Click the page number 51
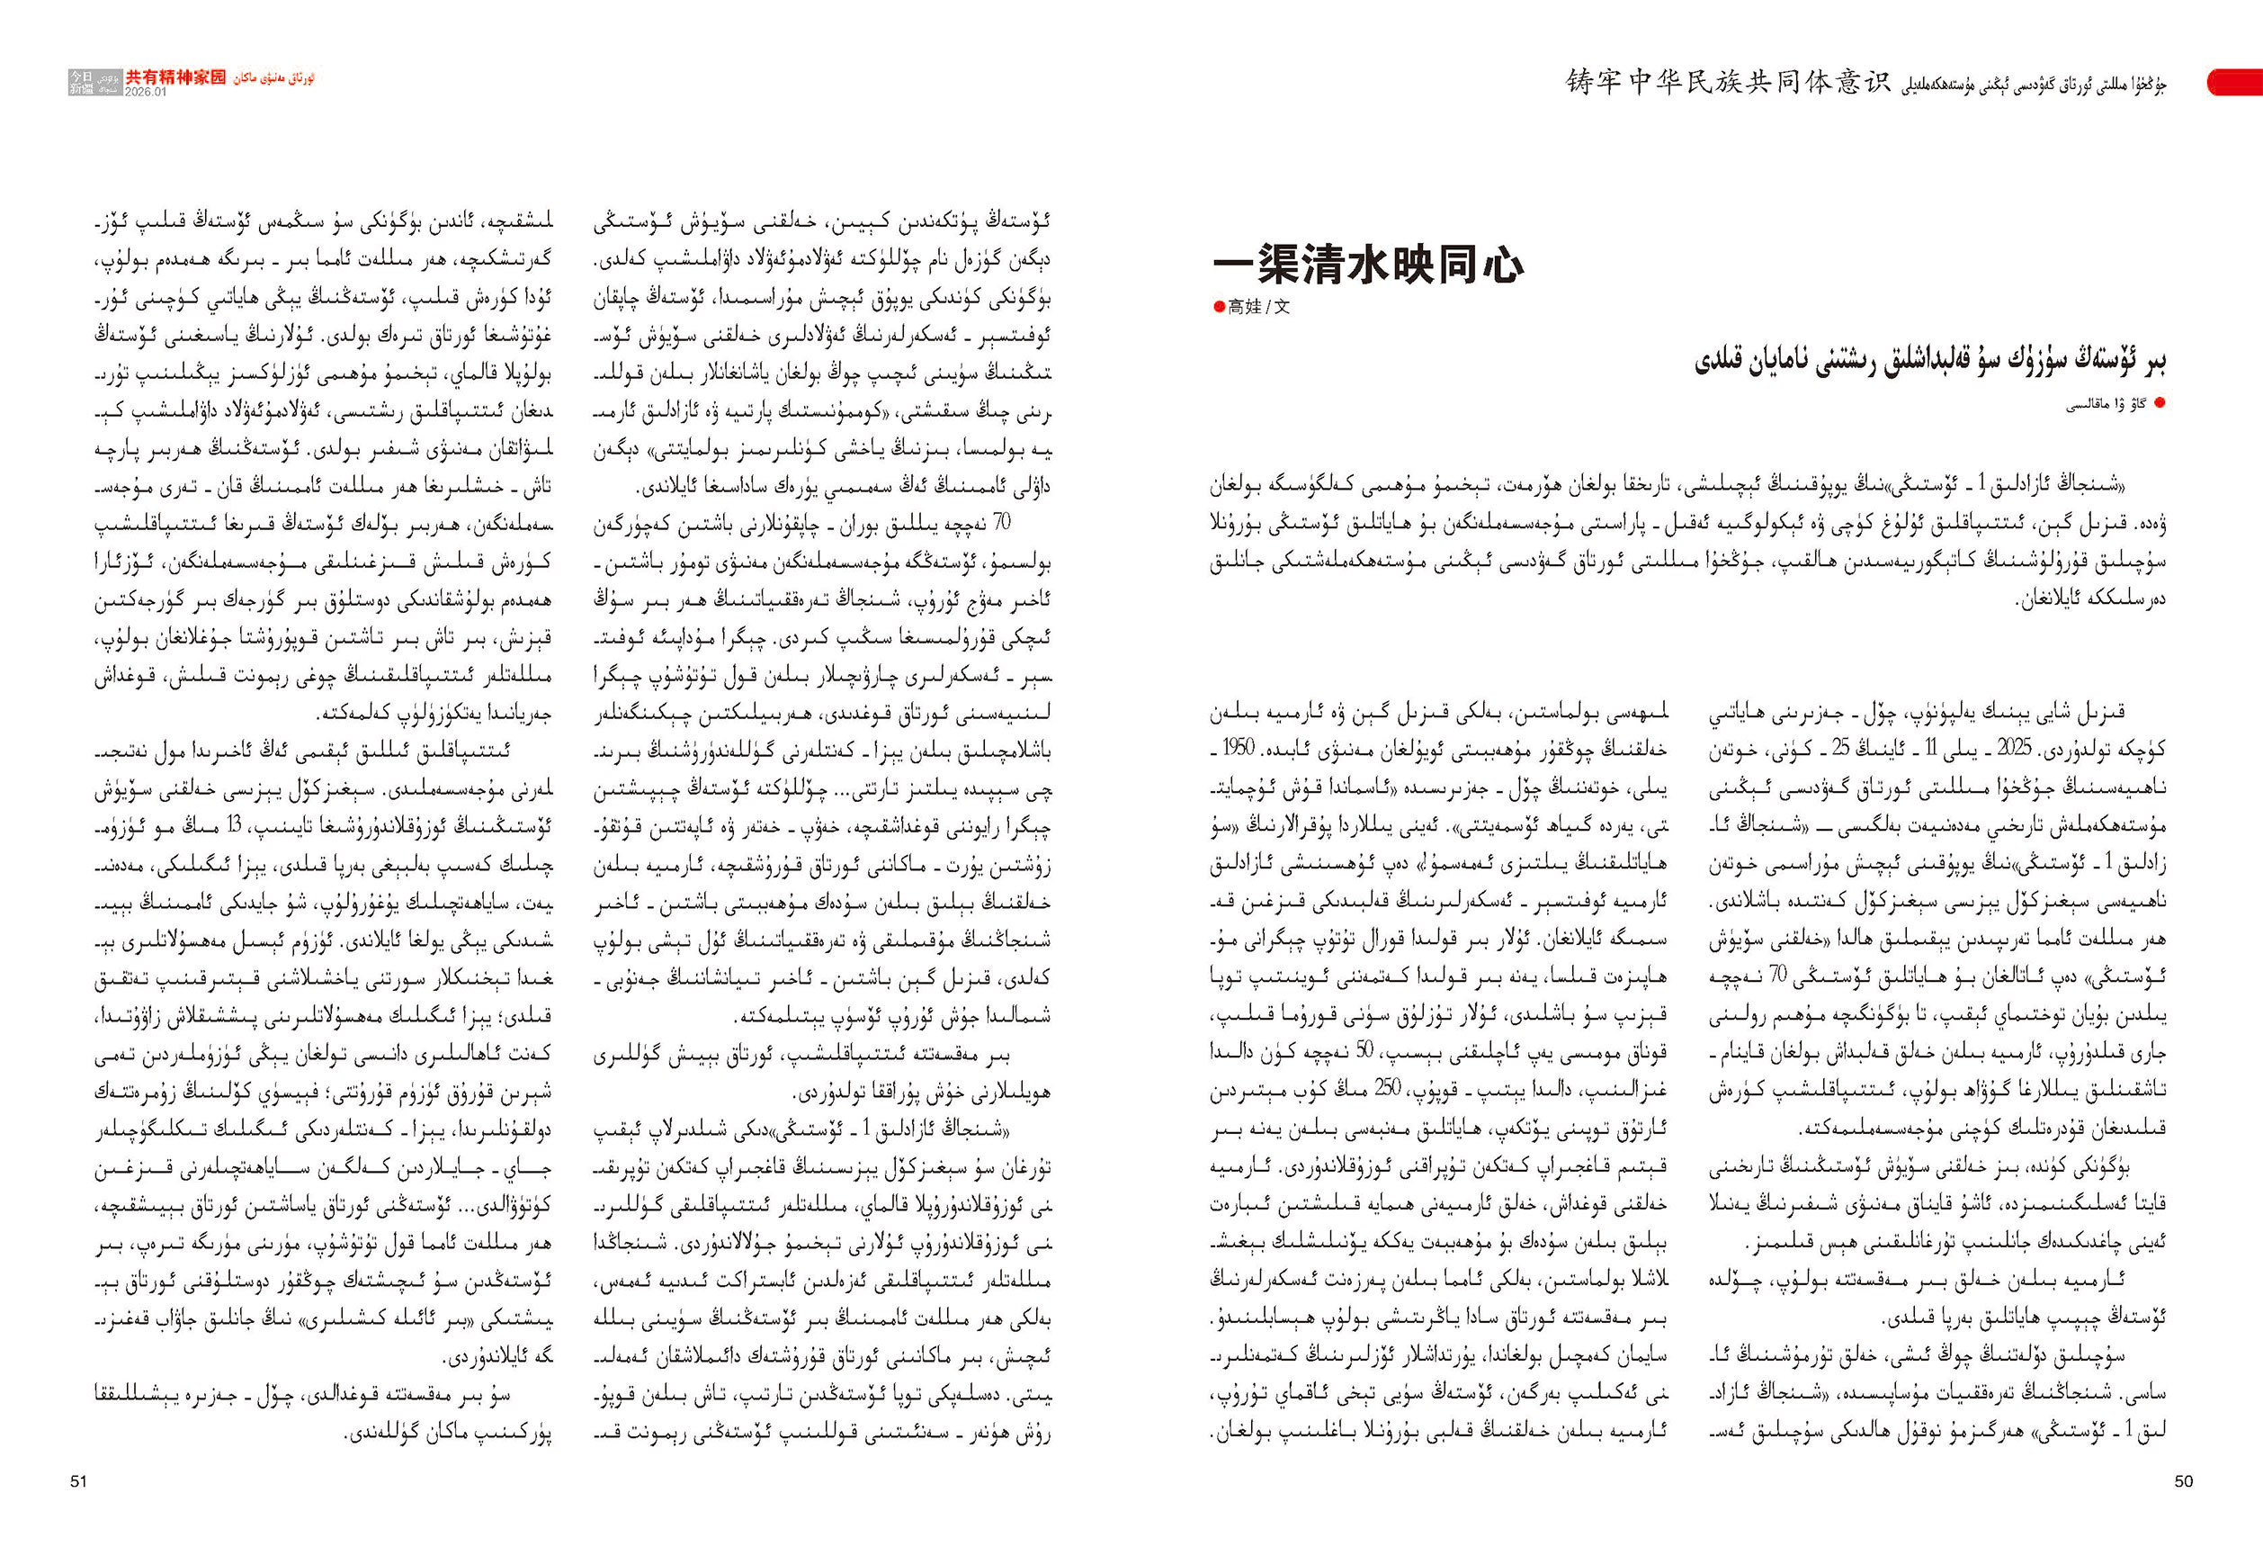click(x=79, y=1480)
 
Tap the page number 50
click(x=2184, y=1480)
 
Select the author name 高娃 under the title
click(x=1244, y=307)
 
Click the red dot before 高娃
click(x=1219, y=307)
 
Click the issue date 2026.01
click(x=146, y=93)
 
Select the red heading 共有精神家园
click(x=175, y=77)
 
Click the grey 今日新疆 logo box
click(x=82, y=82)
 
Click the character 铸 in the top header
click(x=1579, y=82)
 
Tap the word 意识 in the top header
click(x=1860, y=82)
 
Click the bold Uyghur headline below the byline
click(x=1929, y=361)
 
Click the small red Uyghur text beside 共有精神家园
click(x=273, y=78)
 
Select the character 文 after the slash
click(x=1282, y=307)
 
